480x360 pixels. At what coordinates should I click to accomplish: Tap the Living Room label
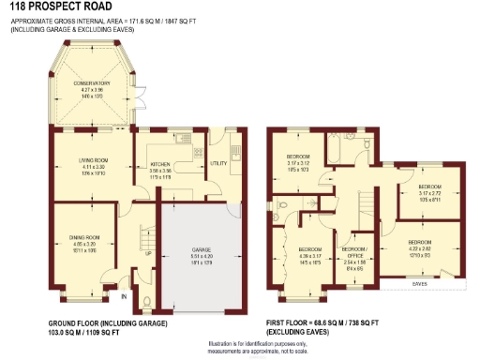click(94, 161)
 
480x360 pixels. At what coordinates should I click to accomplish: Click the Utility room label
click(218, 163)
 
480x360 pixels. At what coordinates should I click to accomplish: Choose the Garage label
click(202, 249)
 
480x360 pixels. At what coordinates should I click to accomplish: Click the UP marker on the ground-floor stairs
click(147, 253)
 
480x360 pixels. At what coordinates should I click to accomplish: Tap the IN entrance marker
click(123, 297)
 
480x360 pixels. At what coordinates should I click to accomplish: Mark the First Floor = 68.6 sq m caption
click(328, 323)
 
